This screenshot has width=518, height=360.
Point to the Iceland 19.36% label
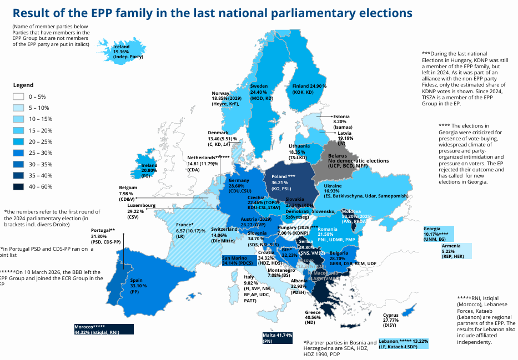pyautogui.click(x=128, y=52)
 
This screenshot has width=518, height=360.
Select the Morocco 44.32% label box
pyautogui.click(x=104, y=329)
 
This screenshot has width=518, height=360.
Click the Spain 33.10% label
pyautogui.click(x=138, y=286)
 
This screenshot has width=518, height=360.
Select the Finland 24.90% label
pyautogui.click(x=309, y=89)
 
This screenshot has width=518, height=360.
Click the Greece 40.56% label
pyautogui.click(x=313, y=317)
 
